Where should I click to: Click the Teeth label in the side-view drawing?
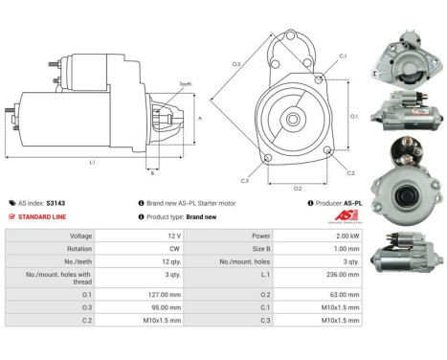[186, 83]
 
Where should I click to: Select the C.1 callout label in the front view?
[344, 56]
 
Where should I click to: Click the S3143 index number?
[56, 203]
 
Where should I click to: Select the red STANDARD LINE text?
[44, 216]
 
